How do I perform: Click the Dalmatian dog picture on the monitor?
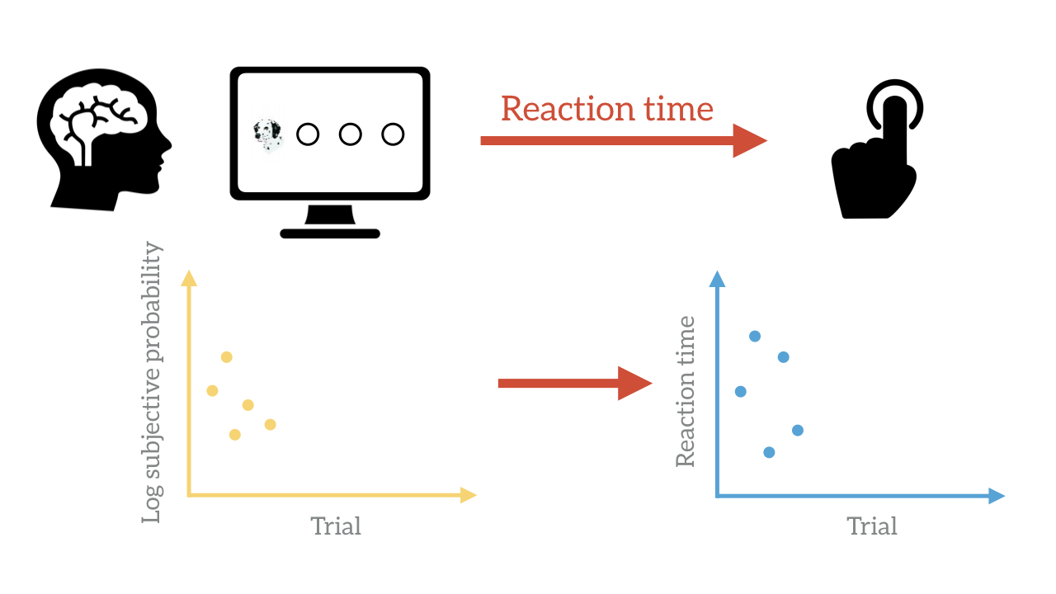268,136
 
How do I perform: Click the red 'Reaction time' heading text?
606,109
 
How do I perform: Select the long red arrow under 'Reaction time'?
624,140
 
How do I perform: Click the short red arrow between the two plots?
575,384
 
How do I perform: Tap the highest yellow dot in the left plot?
226,357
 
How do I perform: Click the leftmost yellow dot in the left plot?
212,390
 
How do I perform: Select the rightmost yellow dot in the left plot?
270,424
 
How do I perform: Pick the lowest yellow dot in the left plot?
235,434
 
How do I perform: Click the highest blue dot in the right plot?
755,336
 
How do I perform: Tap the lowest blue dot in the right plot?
769,453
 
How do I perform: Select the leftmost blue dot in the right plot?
741,391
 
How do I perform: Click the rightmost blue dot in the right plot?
798,430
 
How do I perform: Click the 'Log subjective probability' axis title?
152,382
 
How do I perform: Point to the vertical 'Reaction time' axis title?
686,391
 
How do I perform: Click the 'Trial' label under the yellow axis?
336,526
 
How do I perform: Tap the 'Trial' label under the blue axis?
872,526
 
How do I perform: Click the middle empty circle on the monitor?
351,134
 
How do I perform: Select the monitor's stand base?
330,233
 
